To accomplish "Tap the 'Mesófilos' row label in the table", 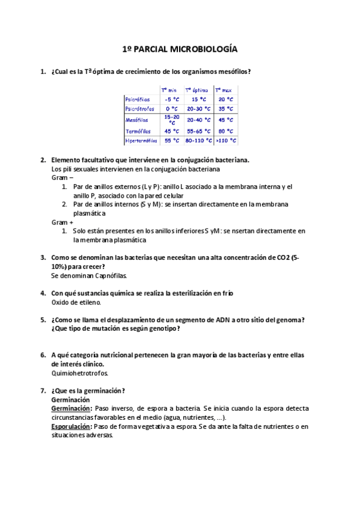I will [x=138, y=120].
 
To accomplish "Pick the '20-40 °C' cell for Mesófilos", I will [x=198, y=120].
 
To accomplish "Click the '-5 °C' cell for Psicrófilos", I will [x=172, y=99].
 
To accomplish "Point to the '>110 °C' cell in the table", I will [x=227, y=141].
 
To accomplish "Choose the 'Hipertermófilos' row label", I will [x=141, y=141].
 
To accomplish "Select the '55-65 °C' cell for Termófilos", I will [x=198, y=131].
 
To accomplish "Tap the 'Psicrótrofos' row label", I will [x=140, y=109].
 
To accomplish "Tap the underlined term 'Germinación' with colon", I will [x=72, y=408].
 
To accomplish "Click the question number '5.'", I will [x=43, y=319].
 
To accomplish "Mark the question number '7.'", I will [x=43, y=390].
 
